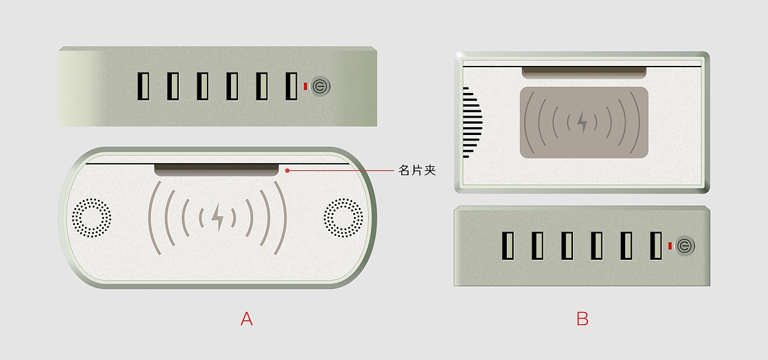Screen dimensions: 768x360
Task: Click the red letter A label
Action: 247,319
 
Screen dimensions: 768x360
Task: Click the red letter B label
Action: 582,319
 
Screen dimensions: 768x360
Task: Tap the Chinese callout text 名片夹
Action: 417,170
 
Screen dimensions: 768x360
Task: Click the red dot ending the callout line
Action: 287,170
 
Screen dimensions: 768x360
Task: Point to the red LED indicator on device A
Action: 305,86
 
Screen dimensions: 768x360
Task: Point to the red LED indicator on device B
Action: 670,246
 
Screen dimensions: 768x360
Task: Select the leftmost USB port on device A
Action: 143,86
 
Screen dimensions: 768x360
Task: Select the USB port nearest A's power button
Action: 292,86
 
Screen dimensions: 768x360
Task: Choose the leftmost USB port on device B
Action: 508,246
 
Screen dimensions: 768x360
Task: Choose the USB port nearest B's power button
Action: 656,246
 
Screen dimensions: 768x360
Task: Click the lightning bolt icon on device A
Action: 217,217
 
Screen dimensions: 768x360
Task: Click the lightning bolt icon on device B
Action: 582,122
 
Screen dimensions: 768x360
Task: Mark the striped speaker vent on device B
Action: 472,122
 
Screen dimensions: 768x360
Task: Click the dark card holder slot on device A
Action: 217,170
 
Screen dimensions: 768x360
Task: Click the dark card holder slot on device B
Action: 584,73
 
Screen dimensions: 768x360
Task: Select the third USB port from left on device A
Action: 203,86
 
